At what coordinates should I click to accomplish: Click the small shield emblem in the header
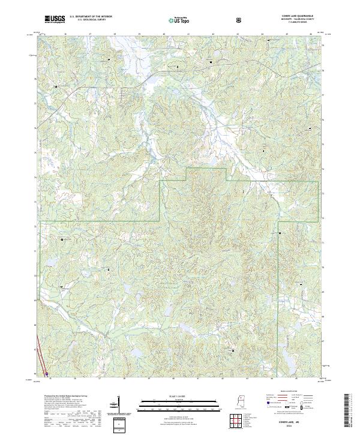(240, 20)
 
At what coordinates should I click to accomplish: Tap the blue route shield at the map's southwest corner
(47, 373)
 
